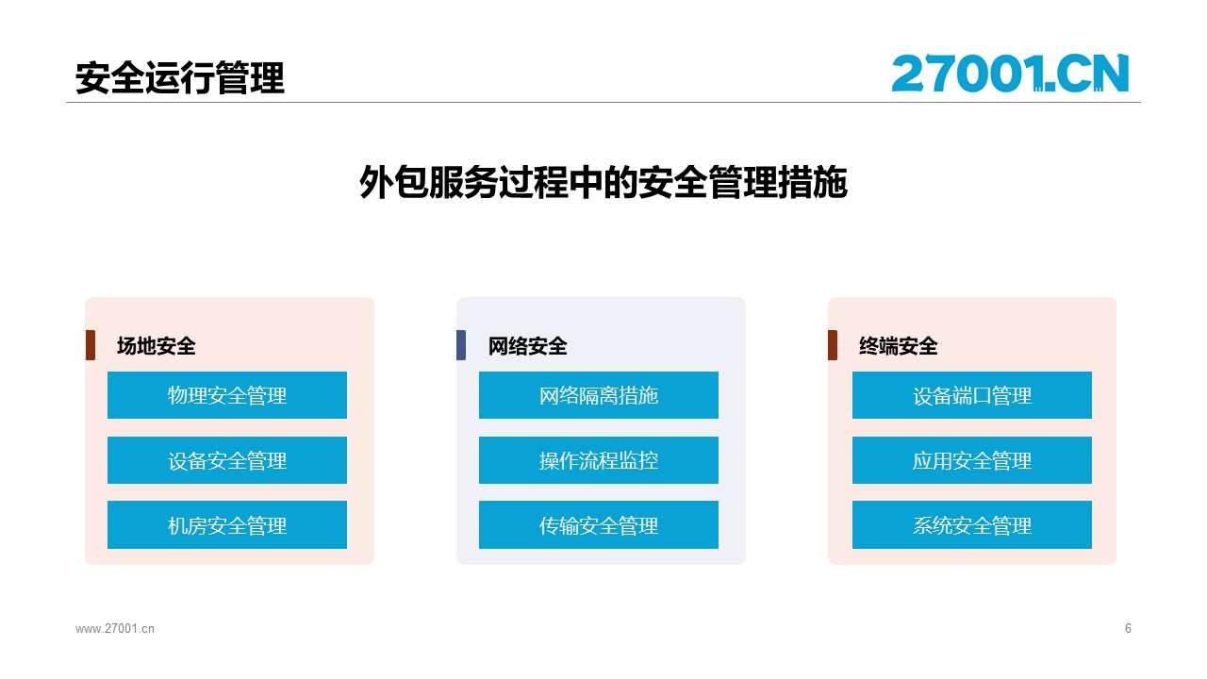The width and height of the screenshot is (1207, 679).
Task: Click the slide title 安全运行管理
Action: point(179,78)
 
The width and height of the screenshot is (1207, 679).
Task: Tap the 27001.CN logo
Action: point(1010,74)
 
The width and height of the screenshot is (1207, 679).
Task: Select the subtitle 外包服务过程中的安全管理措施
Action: point(603,182)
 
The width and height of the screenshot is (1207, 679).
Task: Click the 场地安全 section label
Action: point(157,346)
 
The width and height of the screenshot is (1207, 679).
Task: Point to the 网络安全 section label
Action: point(527,346)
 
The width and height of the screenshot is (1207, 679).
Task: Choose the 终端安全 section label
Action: point(899,346)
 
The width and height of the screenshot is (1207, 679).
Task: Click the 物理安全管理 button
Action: point(227,395)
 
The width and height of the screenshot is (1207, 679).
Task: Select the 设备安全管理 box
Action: point(227,460)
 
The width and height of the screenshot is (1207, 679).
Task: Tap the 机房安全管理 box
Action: point(227,525)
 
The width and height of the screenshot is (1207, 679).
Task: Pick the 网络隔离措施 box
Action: point(599,395)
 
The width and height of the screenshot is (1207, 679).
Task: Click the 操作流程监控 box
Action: point(599,460)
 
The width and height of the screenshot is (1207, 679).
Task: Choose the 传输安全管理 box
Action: point(599,525)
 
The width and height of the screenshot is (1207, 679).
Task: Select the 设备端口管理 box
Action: point(972,395)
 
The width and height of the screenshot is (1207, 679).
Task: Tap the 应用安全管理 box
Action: point(972,460)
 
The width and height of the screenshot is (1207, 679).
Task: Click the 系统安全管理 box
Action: point(972,525)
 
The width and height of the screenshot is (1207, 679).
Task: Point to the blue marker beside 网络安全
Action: point(461,345)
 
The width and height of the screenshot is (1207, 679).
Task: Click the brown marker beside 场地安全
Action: point(91,345)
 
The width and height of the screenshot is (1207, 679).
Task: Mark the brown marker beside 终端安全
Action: point(833,345)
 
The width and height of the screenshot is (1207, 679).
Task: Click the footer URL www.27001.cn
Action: point(115,628)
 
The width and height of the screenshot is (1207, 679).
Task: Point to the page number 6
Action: point(1128,628)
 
